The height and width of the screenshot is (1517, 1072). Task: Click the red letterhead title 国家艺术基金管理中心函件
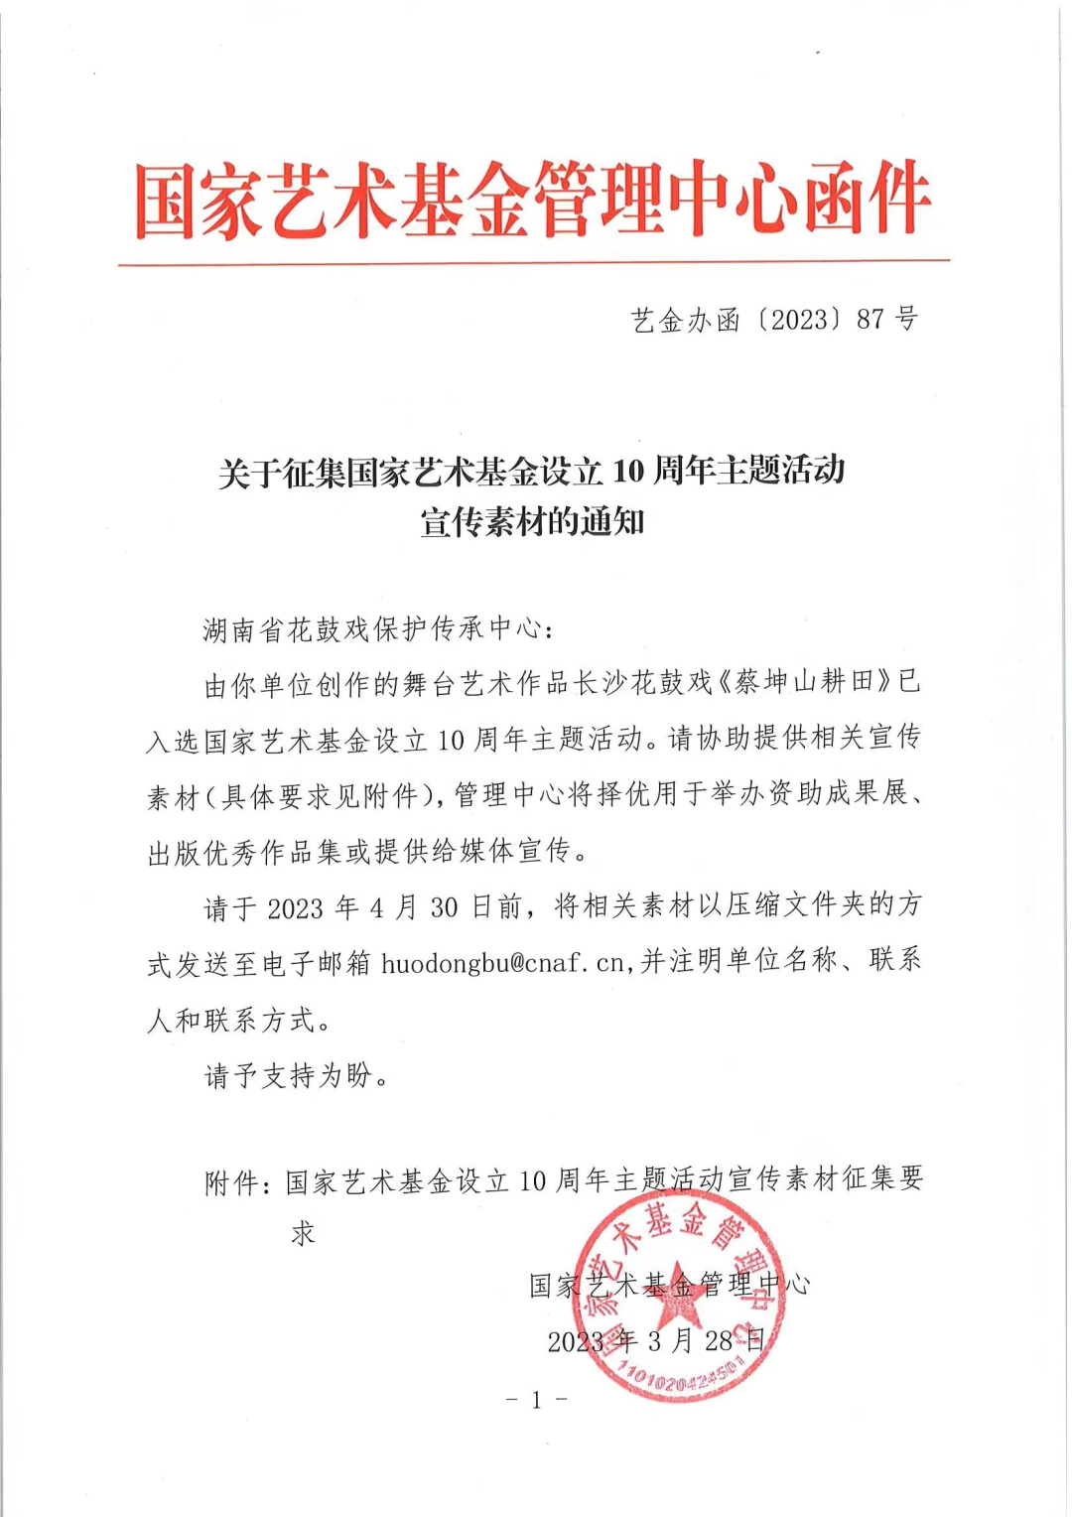(533, 202)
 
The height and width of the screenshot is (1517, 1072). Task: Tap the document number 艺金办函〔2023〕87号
(774, 320)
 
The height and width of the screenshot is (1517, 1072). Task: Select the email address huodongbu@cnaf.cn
(503, 962)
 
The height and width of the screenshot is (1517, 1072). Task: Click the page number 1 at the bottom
(536, 1400)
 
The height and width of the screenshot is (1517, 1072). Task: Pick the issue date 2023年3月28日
(656, 1341)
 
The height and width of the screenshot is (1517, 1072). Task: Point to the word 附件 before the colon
(231, 1182)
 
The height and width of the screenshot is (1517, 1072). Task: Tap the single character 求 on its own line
(303, 1234)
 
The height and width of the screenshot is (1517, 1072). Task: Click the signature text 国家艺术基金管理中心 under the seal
(669, 1285)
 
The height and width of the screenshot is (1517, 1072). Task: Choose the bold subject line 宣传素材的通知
(533, 522)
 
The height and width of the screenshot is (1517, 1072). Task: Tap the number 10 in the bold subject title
(627, 471)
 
